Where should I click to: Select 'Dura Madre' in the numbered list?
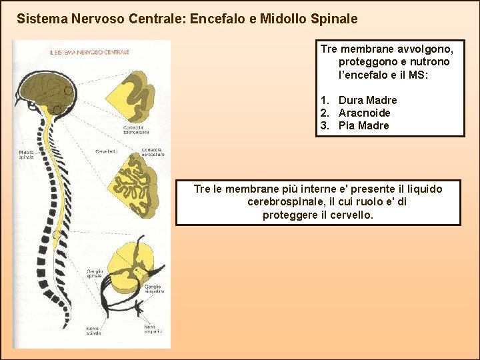point(367,100)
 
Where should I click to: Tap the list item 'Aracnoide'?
point(364,113)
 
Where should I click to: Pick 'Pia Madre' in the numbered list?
point(363,125)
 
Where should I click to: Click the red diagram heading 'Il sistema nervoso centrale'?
point(89,51)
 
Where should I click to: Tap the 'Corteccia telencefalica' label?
point(136,130)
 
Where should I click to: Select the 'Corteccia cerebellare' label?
point(153,152)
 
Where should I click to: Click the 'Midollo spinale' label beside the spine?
point(27,155)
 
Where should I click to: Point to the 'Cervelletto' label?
point(107,152)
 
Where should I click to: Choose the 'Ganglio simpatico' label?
point(153,289)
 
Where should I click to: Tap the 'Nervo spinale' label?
point(93,331)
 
